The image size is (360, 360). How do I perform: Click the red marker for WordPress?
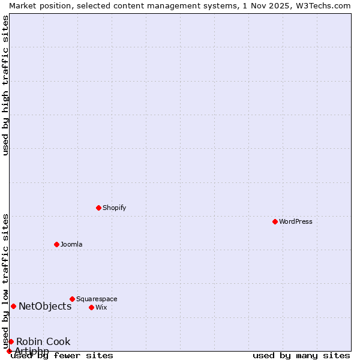pos(275,221)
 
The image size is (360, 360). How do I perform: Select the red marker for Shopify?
pos(99,208)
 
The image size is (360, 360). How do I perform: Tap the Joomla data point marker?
pos(57,244)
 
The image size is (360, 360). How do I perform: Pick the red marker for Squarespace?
pos(73,299)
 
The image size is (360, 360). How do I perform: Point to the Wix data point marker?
pos(92,307)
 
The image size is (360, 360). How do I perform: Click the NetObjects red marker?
pos(13,306)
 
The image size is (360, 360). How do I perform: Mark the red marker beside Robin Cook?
pos(11,341)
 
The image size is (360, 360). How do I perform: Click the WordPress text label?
pos(296,221)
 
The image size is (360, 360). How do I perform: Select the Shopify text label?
pos(115,208)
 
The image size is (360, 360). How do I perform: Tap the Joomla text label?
pos(71,244)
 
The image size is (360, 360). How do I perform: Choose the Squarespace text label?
pos(97,299)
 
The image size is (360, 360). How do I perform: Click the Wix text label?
pos(101,307)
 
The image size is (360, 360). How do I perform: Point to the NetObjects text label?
pos(45,306)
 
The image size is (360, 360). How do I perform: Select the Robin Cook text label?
pos(43,341)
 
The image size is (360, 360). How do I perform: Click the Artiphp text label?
pos(32,351)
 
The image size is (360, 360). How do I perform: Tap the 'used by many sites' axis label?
pos(301,356)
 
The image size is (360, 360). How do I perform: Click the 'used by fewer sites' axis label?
pos(62,356)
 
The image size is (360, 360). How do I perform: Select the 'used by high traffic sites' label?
pos(6,85)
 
